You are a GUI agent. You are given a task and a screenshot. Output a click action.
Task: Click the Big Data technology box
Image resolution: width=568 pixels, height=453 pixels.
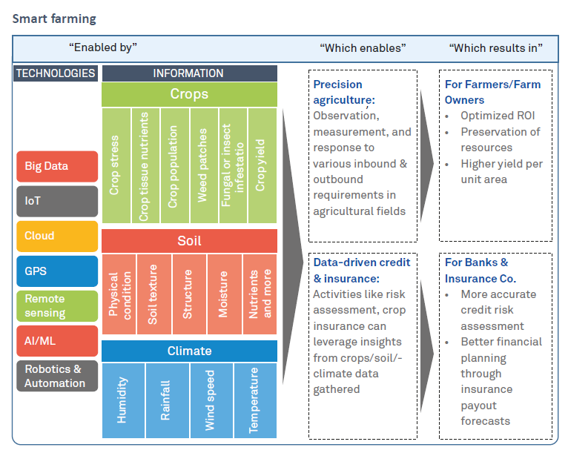coord(56,166)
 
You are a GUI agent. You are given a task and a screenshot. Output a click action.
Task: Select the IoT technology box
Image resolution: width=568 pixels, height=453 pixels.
coord(56,201)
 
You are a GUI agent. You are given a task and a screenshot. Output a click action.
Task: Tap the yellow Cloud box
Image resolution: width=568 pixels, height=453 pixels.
coord(56,236)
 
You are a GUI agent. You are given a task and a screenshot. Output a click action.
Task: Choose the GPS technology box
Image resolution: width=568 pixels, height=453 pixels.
coord(56,271)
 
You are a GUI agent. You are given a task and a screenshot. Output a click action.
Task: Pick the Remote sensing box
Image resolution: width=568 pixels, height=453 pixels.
coord(56,305)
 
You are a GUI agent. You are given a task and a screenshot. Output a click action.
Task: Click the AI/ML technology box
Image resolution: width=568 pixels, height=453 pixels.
coord(56,340)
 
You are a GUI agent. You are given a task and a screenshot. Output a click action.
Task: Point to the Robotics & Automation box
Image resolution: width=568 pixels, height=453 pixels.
coord(56,376)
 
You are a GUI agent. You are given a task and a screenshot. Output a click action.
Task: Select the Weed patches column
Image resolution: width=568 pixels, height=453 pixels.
coord(202,165)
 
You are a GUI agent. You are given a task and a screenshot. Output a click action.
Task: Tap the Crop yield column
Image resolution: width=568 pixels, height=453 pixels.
coord(261,165)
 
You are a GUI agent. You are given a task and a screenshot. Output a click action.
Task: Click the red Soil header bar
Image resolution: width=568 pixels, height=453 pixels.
coord(189,241)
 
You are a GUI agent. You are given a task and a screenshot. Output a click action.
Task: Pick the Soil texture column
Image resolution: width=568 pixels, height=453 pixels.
coord(153,294)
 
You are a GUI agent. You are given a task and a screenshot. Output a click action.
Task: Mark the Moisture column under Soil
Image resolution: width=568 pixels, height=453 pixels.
coord(224,294)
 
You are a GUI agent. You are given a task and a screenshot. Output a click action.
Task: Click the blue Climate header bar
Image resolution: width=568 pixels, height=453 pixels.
coord(189,351)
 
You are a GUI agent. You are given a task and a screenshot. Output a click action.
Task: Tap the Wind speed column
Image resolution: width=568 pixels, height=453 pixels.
coord(211,400)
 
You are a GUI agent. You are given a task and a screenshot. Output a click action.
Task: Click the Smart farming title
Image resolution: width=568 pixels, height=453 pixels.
coord(53,18)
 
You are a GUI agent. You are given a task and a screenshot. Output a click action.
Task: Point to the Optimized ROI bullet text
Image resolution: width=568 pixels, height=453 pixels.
coord(498,116)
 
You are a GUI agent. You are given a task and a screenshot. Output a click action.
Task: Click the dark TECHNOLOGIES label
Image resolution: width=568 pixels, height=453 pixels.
coord(56,73)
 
